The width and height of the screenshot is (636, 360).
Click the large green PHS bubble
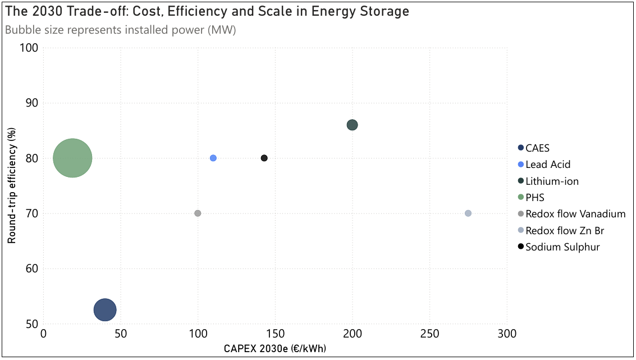point(72,158)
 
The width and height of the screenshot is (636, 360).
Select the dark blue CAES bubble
point(105,309)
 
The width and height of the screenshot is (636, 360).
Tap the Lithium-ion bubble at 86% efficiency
point(352,125)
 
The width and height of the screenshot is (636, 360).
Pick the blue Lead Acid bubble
point(213,158)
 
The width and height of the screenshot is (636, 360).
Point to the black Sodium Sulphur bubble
point(264,158)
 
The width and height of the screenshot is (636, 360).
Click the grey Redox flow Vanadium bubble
point(198,213)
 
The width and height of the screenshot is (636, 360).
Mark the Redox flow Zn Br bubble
point(468,213)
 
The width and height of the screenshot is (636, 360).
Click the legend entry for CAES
point(537,148)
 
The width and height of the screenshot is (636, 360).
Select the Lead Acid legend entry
point(548,165)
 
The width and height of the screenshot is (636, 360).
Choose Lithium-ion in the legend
point(552,181)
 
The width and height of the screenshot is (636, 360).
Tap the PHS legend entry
point(535,198)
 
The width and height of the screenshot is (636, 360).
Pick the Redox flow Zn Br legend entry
point(565,230)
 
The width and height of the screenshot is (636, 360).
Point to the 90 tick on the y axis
point(31,103)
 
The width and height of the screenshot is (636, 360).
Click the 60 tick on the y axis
point(31,269)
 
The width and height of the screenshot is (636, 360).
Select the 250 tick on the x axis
point(429,333)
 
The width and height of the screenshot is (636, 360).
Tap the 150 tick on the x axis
point(275,333)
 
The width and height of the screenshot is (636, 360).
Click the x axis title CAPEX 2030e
point(275,349)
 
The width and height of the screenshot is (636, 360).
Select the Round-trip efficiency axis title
point(12,185)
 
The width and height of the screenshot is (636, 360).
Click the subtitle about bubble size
point(120,30)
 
